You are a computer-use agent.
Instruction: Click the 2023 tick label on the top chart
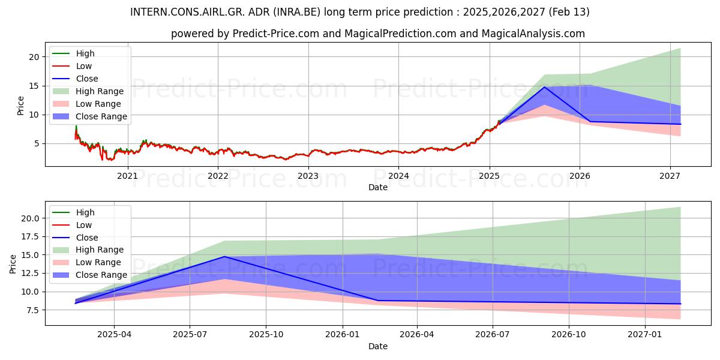[x=308, y=176]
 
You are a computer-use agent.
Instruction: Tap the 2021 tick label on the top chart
[x=127, y=176]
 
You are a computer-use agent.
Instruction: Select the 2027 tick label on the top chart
[x=670, y=176]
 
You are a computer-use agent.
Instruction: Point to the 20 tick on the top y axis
[x=34, y=57]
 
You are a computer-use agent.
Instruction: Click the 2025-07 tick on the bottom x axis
[x=190, y=335]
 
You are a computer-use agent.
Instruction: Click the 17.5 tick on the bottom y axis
[x=31, y=236]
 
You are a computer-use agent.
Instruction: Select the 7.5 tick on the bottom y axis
[x=33, y=310]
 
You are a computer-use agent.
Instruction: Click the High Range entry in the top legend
[x=100, y=91]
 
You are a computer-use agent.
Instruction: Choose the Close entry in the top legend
[x=87, y=79]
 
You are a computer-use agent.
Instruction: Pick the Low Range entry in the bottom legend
[x=98, y=262]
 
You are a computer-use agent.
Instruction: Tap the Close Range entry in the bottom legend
[x=101, y=275]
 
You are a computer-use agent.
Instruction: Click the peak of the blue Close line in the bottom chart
[x=224, y=256]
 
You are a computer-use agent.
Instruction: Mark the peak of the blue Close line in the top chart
[x=544, y=87]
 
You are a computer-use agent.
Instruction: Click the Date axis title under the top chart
[x=378, y=187]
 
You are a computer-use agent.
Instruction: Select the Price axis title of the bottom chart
[x=13, y=263]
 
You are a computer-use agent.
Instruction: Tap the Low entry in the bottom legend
[x=84, y=225]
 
